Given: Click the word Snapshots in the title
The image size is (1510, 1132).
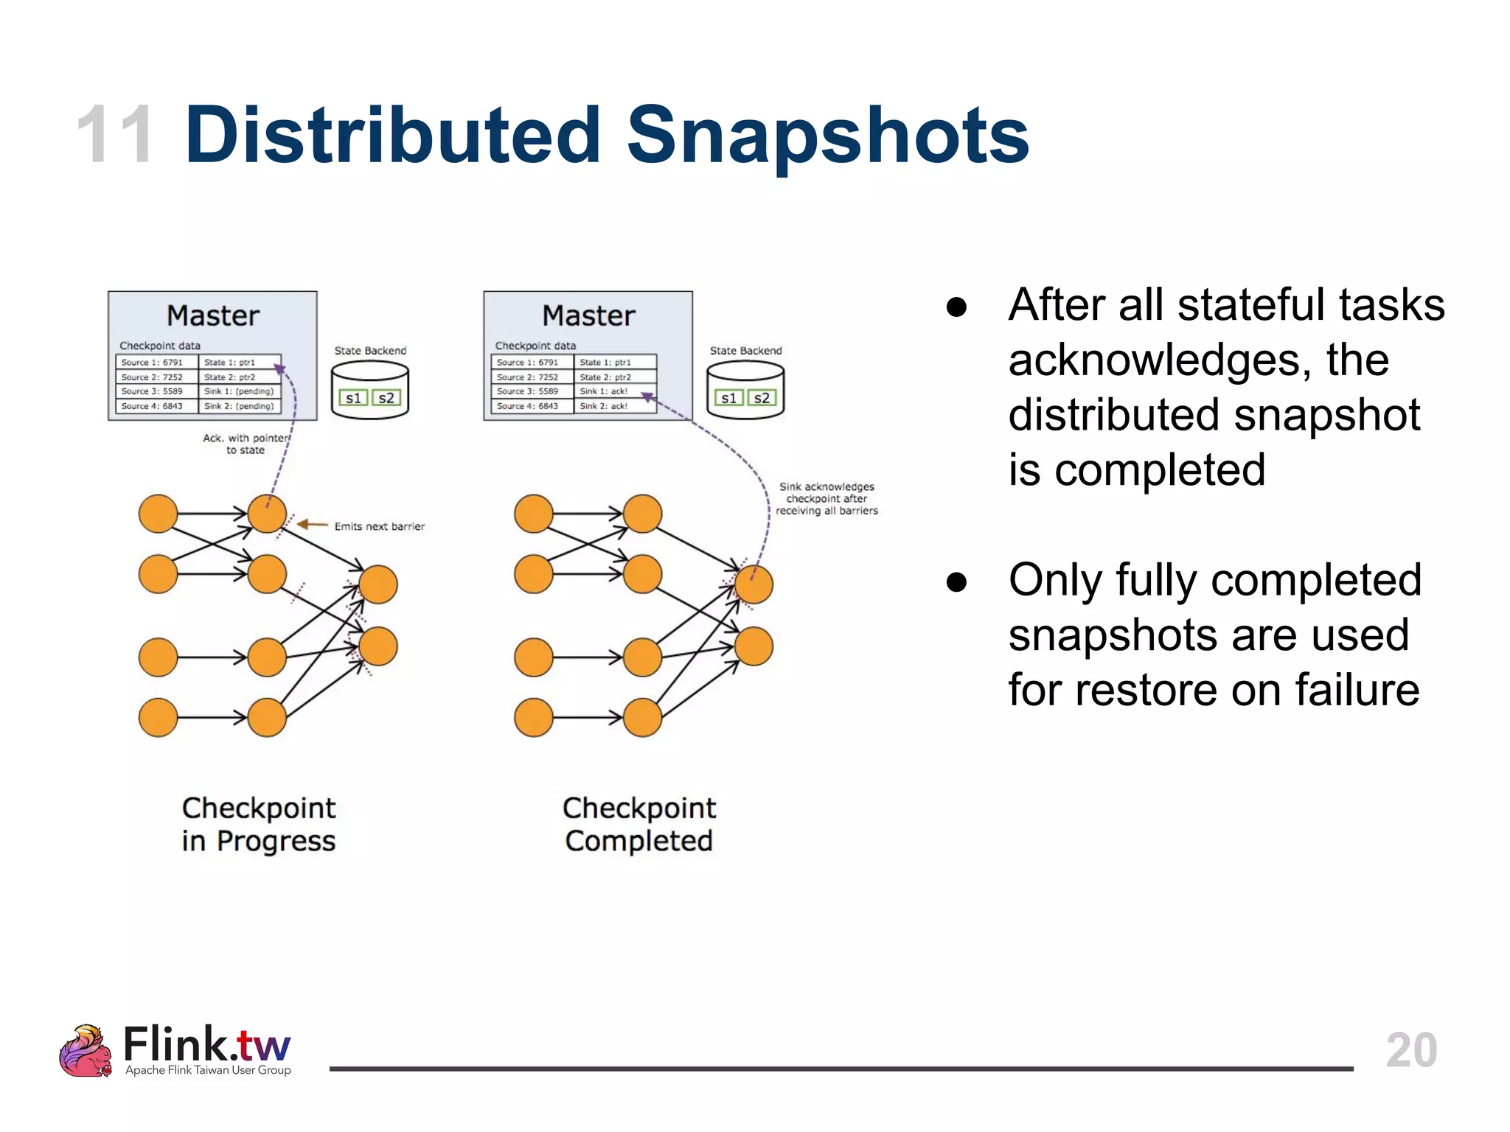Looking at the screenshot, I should click(827, 136).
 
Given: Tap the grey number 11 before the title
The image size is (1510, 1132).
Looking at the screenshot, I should click(116, 136).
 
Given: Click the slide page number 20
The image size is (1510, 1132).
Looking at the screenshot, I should click(1411, 1049).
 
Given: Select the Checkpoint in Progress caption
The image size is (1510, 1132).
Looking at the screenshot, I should click(258, 825).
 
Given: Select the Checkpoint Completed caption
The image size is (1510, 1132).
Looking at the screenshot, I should click(639, 825).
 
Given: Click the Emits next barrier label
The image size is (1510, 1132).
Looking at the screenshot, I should click(379, 526).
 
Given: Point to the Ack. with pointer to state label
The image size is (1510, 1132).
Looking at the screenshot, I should click(245, 444).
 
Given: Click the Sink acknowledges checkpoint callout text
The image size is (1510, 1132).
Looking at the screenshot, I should click(827, 499).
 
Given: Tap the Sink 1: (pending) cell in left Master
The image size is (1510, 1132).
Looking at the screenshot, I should click(239, 391).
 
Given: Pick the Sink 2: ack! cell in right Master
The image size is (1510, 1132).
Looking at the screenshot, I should click(604, 406).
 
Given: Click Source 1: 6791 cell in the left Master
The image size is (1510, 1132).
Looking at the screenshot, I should click(152, 363).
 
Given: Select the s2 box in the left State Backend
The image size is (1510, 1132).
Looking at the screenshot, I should click(386, 398).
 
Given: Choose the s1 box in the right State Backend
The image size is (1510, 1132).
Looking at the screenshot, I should click(728, 398).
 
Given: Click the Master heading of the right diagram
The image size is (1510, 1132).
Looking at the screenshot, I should click(588, 315).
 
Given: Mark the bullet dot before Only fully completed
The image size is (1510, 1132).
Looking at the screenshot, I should click(956, 582).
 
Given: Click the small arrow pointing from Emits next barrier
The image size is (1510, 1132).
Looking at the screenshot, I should click(313, 525).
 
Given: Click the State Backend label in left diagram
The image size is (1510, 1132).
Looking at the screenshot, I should click(370, 351).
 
